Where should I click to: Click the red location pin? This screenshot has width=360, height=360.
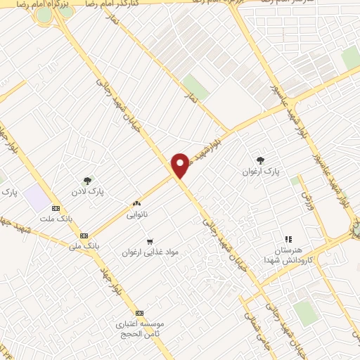[181, 165]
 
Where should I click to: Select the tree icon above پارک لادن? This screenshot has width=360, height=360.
[88, 181]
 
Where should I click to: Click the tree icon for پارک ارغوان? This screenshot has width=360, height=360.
[261, 160]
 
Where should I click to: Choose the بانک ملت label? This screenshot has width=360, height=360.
[56, 219]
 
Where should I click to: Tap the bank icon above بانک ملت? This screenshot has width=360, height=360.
[56, 209]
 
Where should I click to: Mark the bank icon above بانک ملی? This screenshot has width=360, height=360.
[84, 236]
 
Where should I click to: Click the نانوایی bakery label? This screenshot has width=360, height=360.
[136, 214]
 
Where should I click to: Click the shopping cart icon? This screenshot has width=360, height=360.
[150, 241]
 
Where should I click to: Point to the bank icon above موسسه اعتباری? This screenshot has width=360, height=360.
[139, 313]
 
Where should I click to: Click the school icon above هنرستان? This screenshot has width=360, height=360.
[288, 240]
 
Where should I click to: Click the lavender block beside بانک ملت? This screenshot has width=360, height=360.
[36, 198]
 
